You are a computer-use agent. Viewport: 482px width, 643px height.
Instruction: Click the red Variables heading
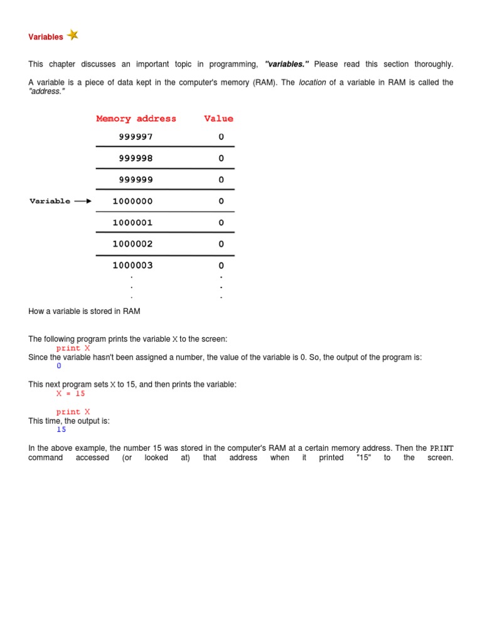pyautogui.click(x=45, y=37)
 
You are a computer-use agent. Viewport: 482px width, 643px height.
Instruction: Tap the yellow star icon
pyautogui.click(x=73, y=35)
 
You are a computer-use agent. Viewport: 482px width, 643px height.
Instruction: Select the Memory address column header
pyautogui.click(x=136, y=119)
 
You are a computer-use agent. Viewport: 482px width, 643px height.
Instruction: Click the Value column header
pyautogui.click(x=218, y=119)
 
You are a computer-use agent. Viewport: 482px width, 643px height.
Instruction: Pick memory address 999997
pyautogui.click(x=136, y=137)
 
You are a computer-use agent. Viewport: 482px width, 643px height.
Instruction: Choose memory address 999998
pyautogui.click(x=136, y=158)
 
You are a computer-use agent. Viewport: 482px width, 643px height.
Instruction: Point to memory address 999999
pyautogui.click(x=136, y=180)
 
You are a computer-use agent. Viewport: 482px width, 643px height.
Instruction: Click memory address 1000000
pyautogui.click(x=132, y=201)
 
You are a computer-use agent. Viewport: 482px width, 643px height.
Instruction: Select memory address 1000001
pyautogui.click(x=132, y=222)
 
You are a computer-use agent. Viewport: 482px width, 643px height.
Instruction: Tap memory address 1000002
pyautogui.click(x=132, y=244)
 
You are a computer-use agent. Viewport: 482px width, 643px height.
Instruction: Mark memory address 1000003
pyautogui.click(x=132, y=265)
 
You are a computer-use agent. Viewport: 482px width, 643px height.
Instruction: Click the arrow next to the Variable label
pyautogui.click(x=83, y=201)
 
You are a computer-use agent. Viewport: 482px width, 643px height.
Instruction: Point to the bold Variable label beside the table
pyautogui.click(x=50, y=201)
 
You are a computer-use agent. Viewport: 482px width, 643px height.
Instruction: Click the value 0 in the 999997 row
pyautogui.click(x=221, y=137)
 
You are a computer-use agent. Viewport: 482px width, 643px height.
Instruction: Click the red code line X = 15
pyautogui.click(x=70, y=394)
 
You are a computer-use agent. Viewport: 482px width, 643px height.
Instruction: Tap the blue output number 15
pyautogui.click(x=61, y=430)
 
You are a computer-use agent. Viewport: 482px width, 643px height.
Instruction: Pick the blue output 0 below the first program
pyautogui.click(x=59, y=366)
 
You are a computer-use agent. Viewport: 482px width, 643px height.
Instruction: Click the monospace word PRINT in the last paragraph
pyautogui.click(x=441, y=448)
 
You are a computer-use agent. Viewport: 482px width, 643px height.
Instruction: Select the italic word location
pyautogui.click(x=312, y=82)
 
